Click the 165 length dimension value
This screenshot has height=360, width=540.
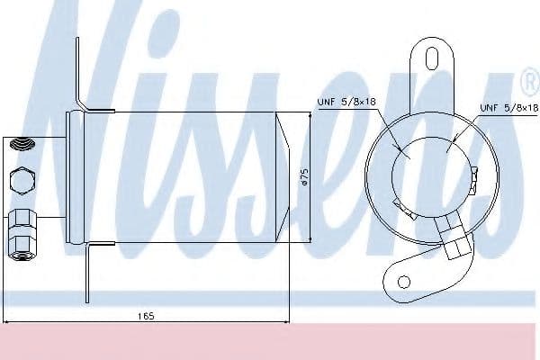145,315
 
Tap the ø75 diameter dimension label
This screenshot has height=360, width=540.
304,177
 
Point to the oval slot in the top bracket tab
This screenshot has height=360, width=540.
430,60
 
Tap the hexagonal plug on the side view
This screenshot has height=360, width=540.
20,181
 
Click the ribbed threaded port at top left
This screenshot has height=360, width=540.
19,144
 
